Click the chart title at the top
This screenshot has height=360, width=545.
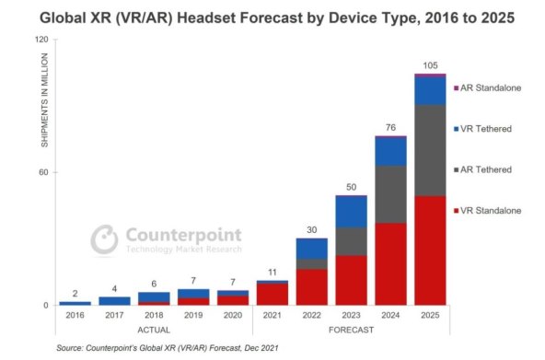(x=272, y=17)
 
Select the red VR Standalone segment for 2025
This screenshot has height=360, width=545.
(x=430, y=250)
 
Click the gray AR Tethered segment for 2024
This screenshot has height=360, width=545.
(x=390, y=193)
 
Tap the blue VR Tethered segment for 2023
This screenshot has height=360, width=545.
(x=351, y=211)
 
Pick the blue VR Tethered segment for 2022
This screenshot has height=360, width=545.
(x=311, y=248)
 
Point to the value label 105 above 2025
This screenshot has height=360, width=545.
(x=430, y=64)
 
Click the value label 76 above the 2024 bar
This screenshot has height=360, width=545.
(x=390, y=127)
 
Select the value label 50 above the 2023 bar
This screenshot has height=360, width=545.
(x=351, y=187)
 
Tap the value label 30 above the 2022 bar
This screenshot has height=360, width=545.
(x=311, y=229)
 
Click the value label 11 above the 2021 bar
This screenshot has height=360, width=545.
(x=272, y=272)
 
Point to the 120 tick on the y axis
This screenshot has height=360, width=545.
(x=41, y=41)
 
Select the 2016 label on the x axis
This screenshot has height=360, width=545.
(x=75, y=316)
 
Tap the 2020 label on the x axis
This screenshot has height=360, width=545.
(x=233, y=316)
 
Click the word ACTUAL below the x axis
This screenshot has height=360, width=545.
(x=154, y=329)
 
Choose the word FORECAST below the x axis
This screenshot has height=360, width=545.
(x=351, y=329)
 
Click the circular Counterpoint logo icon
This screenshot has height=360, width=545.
(x=104, y=238)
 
